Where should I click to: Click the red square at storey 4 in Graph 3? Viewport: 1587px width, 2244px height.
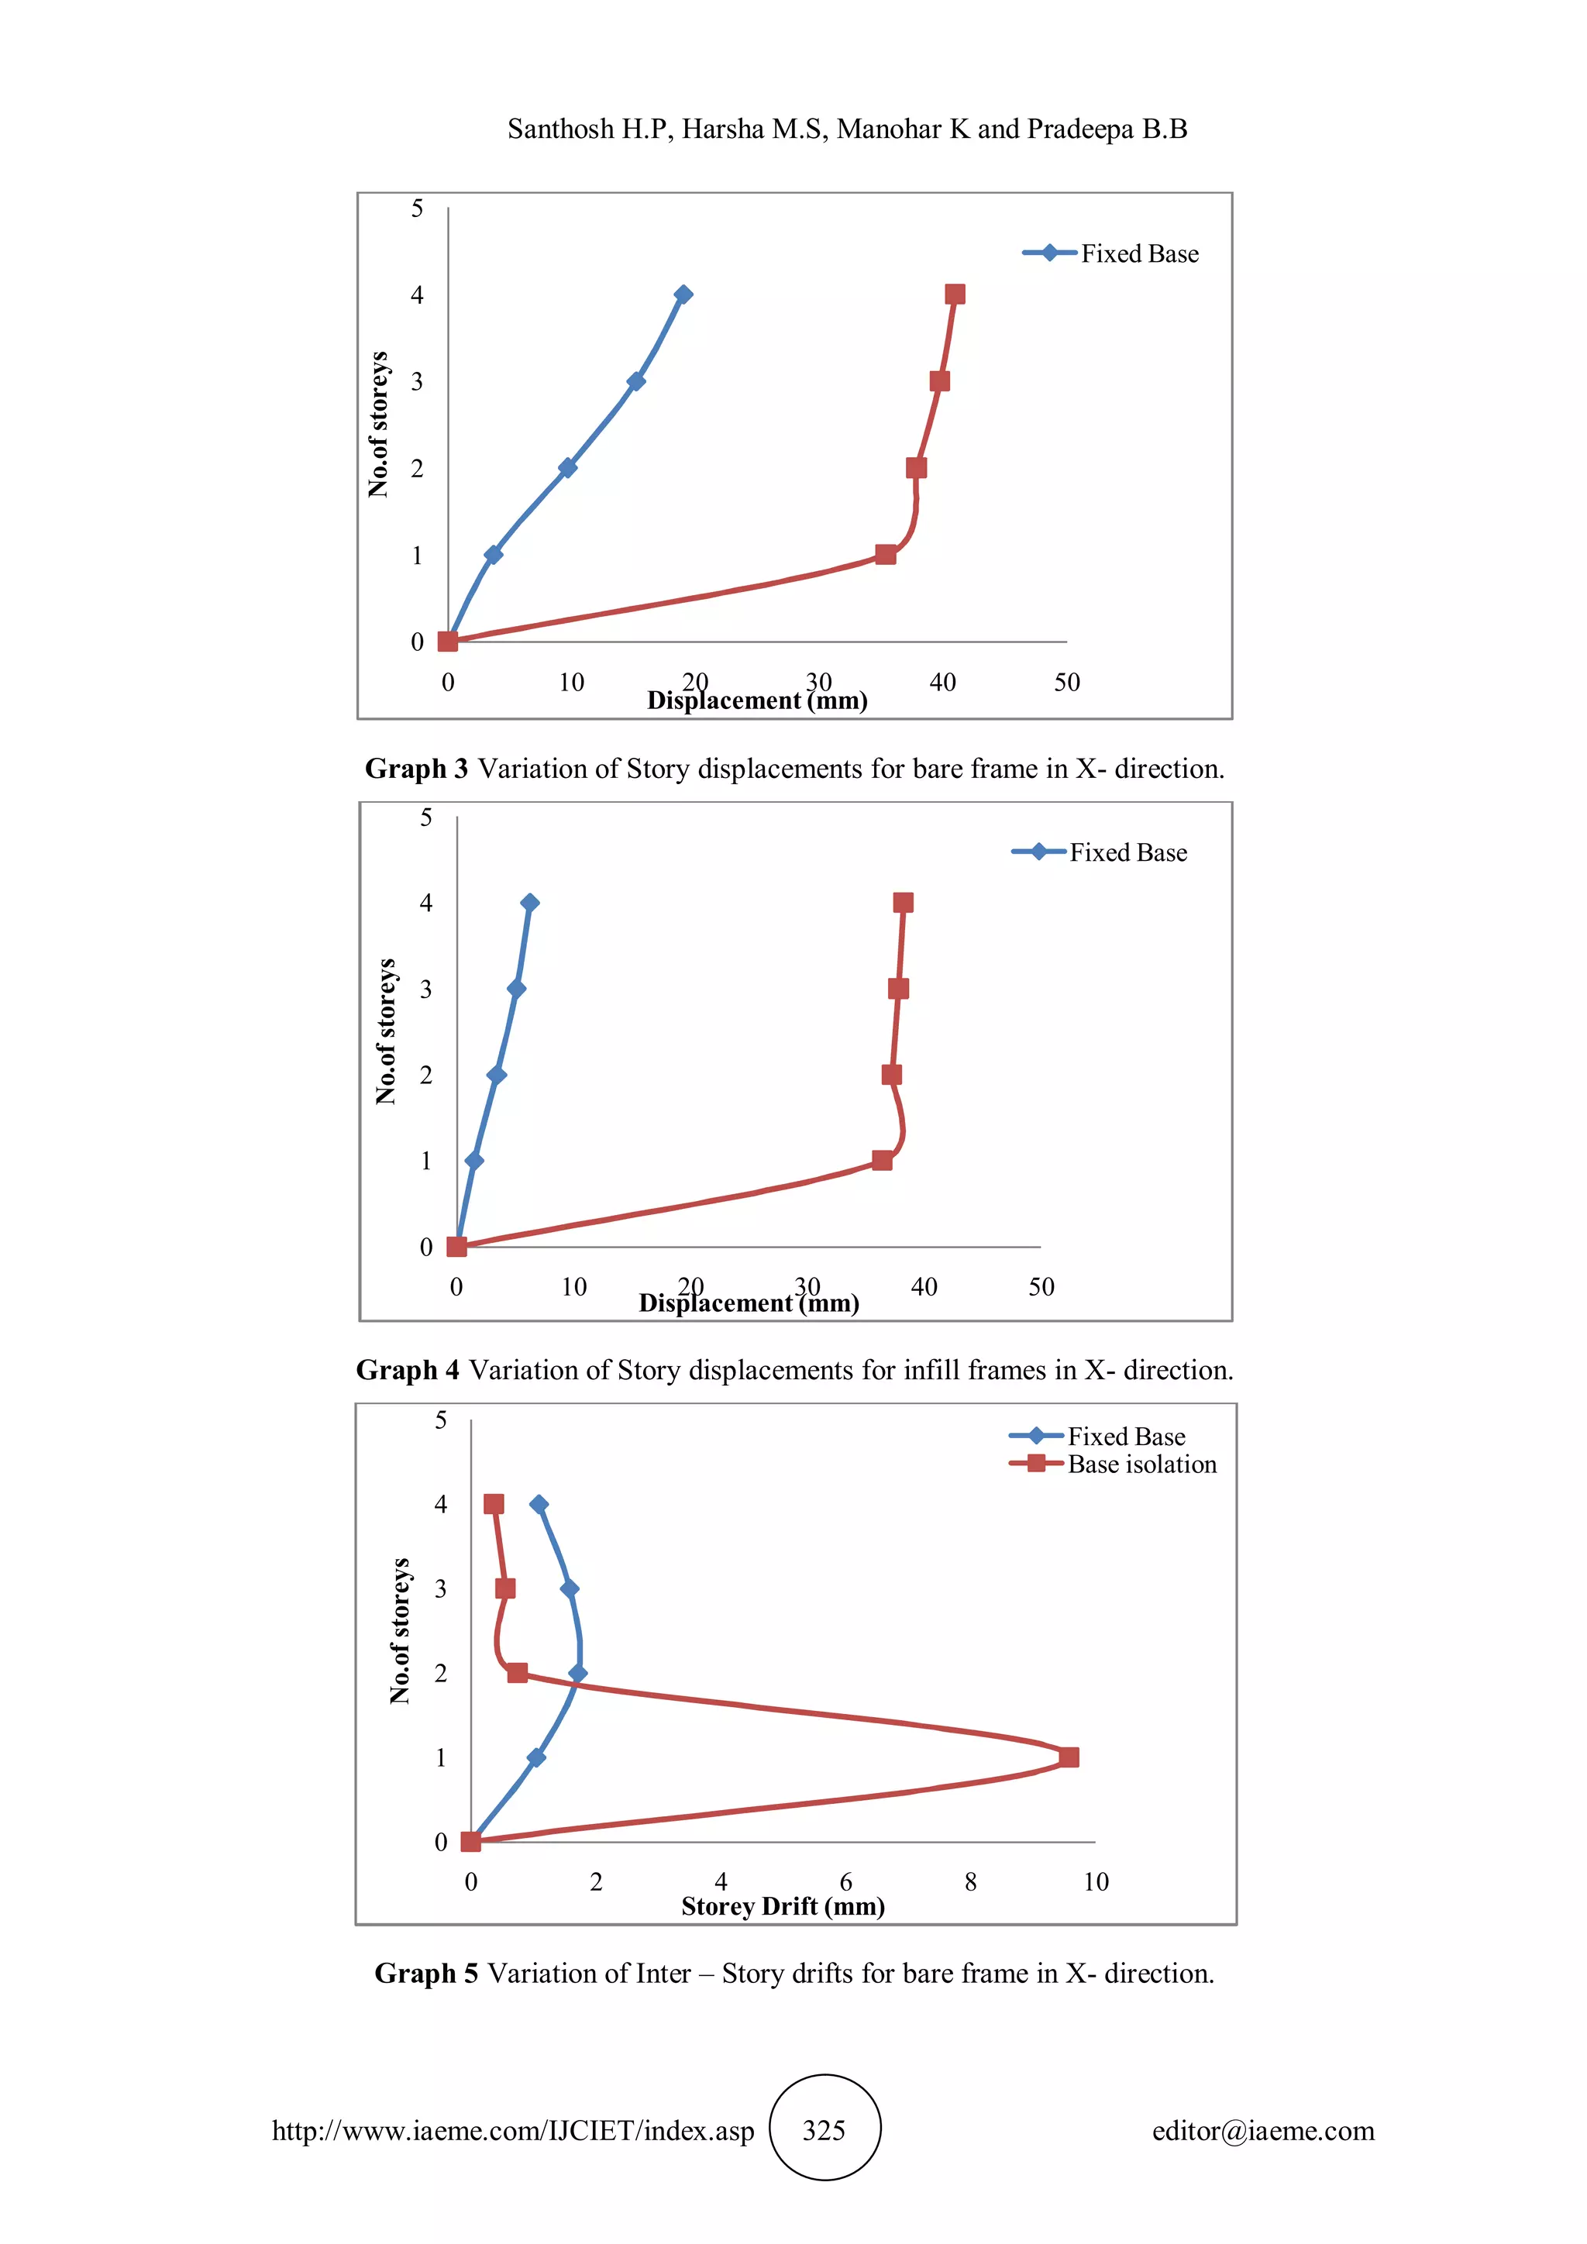(955, 294)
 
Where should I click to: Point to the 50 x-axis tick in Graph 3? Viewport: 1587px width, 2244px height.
(1066, 682)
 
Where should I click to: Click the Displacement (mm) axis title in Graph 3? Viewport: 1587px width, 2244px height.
(757, 700)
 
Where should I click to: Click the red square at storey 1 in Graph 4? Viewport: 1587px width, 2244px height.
(881, 1160)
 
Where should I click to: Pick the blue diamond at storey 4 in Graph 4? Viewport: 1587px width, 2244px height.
(530, 902)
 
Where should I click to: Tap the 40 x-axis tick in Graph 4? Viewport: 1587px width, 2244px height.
(924, 1287)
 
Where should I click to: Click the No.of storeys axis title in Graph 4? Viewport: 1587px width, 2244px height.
(387, 1031)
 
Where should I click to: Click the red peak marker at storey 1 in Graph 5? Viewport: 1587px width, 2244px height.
(1069, 1757)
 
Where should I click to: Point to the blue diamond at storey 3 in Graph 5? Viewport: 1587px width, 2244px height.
(570, 1588)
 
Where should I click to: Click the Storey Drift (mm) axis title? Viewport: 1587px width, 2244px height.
(783, 1906)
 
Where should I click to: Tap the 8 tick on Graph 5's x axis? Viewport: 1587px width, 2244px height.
(970, 1882)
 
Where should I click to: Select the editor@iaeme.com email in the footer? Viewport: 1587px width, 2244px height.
(1262, 2131)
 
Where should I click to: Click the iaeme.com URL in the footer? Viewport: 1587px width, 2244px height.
(513, 2131)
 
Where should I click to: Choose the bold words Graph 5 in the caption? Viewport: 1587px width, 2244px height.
(426, 1974)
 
